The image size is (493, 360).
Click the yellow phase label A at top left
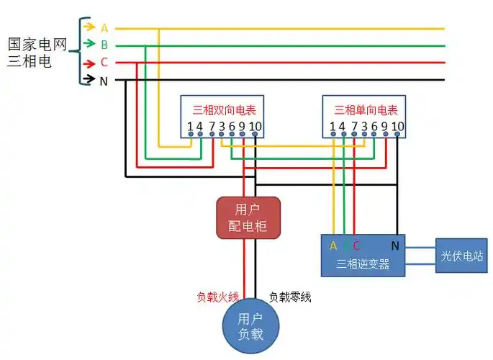click(x=104, y=28)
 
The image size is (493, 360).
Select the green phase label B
click(x=104, y=45)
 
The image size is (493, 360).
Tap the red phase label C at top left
click(x=104, y=63)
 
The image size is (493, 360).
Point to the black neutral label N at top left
click(x=104, y=81)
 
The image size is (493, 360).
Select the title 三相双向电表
click(x=224, y=110)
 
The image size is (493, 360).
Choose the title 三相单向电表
click(x=366, y=110)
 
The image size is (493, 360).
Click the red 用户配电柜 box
click(x=248, y=217)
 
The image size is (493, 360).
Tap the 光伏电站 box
click(x=461, y=256)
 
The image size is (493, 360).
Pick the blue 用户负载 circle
click(x=250, y=326)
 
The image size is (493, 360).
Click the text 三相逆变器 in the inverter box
click(x=363, y=264)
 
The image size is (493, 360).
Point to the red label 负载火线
click(x=217, y=297)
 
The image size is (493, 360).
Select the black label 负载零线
click(x=290, y=297)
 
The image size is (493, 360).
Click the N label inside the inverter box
click(x=395, y=246)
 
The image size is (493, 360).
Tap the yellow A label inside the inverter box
click(x=333, y=246)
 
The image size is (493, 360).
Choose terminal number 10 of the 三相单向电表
click(x=397, y=127)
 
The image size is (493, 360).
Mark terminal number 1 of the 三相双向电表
click(x=190, y=127)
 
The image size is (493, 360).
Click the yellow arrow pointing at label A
click(x=89, y=27)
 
